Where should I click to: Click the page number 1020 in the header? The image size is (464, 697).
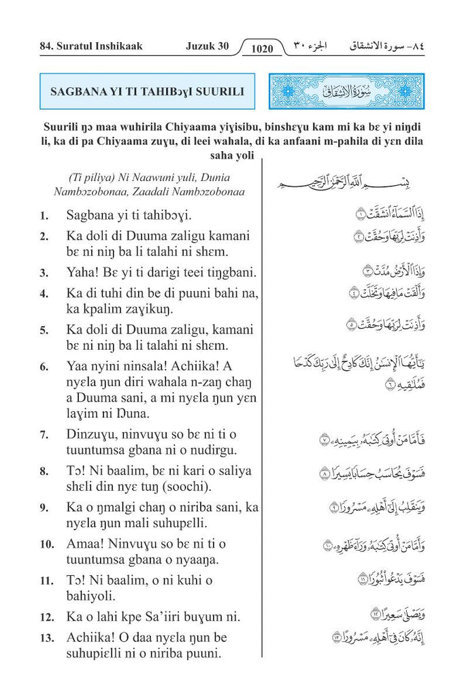click(262, 48)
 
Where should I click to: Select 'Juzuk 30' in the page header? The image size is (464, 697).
click(207, 47)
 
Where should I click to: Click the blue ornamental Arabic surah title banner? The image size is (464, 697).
click(347, 91)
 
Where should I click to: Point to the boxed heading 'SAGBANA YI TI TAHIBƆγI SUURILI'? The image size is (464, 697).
click(147, 91)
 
